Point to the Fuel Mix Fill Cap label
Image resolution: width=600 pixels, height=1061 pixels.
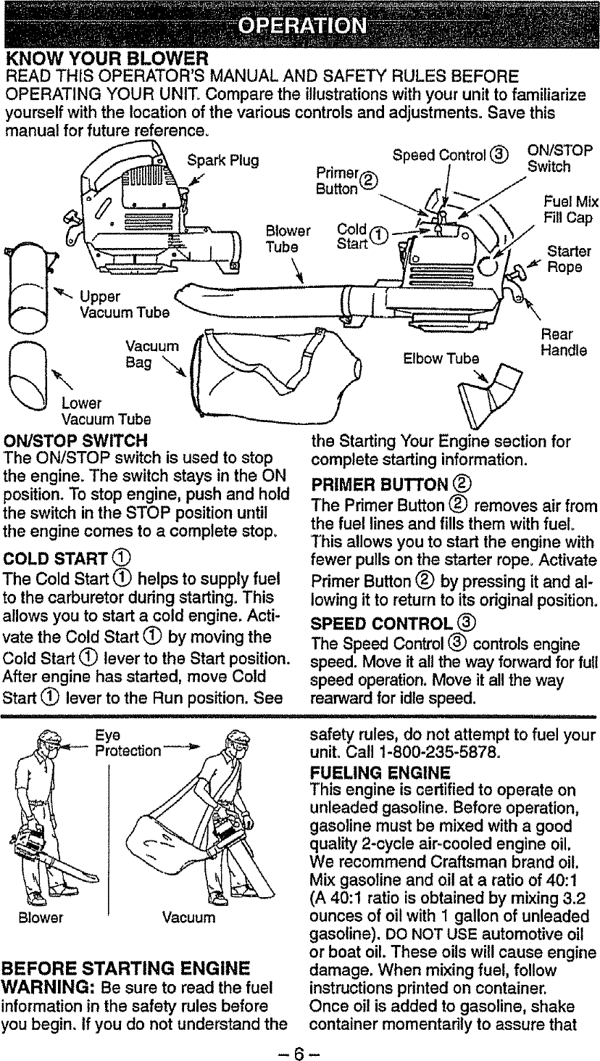pos(570,210)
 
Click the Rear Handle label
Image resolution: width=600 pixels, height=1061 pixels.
pos(562,343)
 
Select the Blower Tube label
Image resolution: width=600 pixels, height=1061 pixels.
pos(288,239)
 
